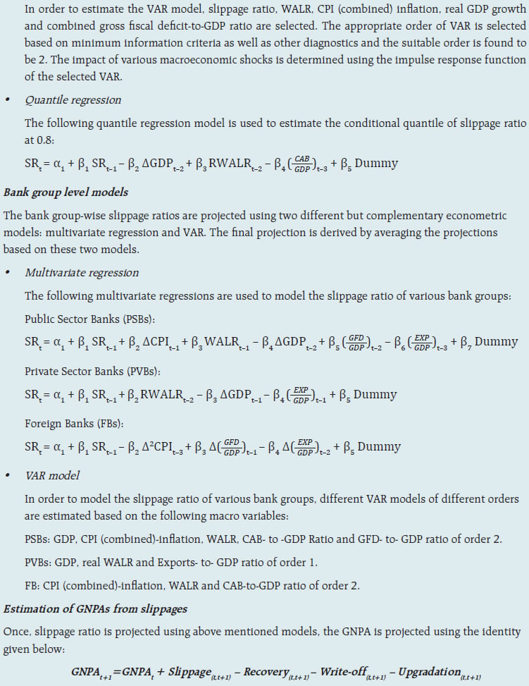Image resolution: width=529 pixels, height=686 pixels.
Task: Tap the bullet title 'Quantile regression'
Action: coord(73,100)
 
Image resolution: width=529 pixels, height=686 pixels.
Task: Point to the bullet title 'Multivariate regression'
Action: coord(81,272)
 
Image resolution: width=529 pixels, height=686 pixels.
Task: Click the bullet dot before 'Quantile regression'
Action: coord(8,100)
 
